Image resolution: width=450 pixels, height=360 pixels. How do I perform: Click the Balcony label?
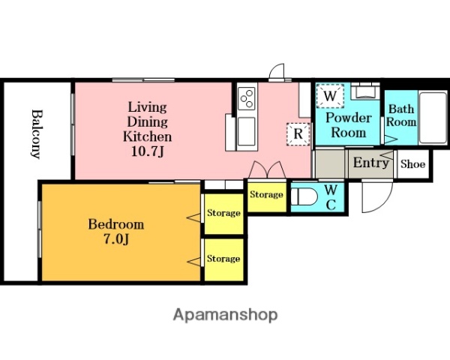pos(36,133)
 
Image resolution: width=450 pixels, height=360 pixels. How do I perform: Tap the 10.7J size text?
pos(147,151)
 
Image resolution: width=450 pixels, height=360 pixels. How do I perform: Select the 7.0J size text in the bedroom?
pos(115,239)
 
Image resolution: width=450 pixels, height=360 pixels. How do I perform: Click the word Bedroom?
pos(116,224)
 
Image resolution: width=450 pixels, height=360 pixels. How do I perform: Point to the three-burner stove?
pos(247,98)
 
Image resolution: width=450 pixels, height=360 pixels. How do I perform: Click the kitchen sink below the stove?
pos(247,131)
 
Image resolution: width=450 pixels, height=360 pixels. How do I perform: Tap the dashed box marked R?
pos(298,134)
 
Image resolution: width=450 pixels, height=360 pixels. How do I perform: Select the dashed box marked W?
pos(330,96)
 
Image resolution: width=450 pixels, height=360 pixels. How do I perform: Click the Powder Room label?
pos(349,125)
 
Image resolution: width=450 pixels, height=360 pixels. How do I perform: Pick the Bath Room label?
pos(401,115)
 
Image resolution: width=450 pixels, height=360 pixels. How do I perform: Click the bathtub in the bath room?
pos(433,118)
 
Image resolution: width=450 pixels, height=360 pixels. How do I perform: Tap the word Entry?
pos(370,163)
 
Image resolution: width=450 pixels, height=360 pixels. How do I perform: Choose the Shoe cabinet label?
pos(412,164)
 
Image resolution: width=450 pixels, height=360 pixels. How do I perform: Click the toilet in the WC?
pos(304,196)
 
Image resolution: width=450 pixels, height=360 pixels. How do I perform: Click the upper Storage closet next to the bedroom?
pos(223,214)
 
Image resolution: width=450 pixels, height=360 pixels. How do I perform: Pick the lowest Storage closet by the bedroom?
pos(223,259)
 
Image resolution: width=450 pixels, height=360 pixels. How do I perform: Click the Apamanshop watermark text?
pos(226,315)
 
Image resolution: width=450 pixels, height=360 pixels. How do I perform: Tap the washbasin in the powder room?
pos(365,91)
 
